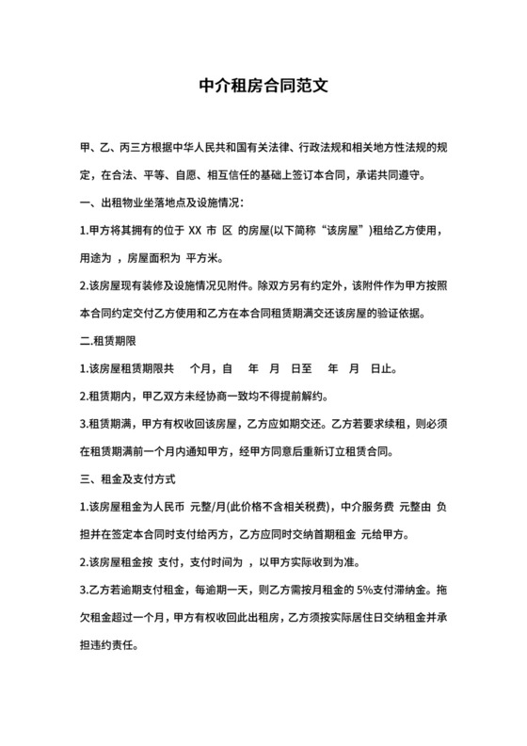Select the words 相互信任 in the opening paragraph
(x=209, y=175)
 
